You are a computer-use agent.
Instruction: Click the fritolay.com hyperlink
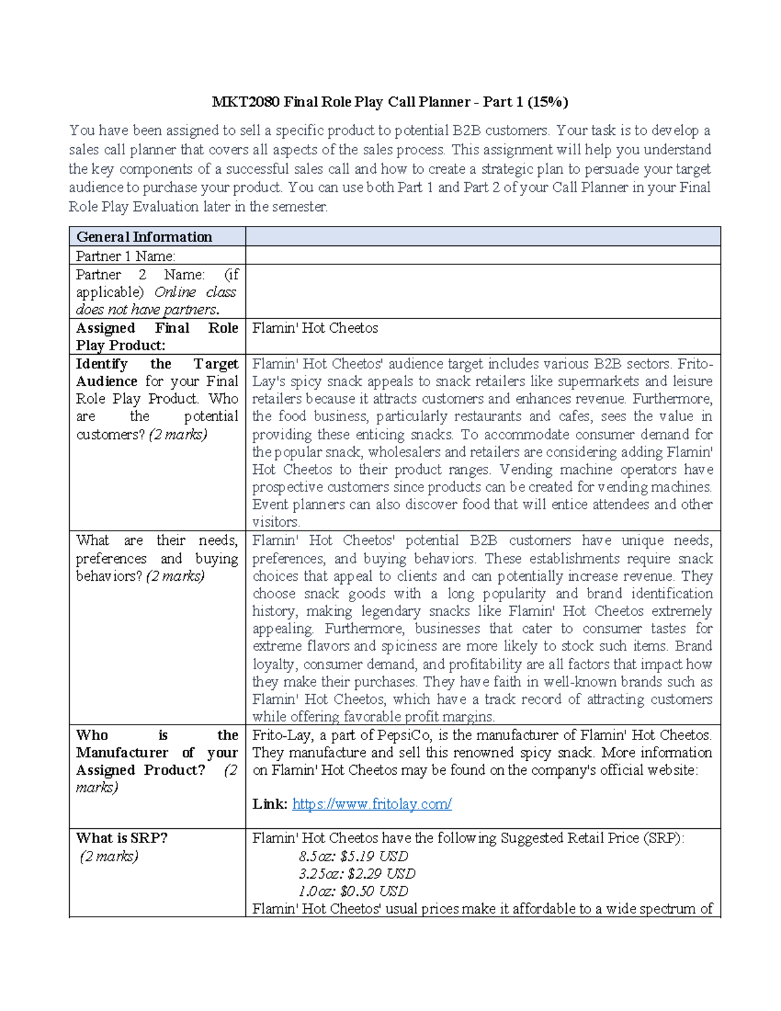point(372,805)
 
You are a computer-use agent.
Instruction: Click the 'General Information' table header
point(144,237)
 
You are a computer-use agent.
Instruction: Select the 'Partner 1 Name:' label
point(125,256)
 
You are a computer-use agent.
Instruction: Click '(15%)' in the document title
point(547,102)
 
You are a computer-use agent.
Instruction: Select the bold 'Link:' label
point(269,805)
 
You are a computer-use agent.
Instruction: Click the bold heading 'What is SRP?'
point(122,838)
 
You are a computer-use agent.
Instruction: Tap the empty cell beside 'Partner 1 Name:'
point(482,256)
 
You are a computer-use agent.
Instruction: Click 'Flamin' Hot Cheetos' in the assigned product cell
point(315,328)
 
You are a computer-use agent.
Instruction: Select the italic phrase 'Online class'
point(195,292)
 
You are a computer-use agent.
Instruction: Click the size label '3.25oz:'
point(320,874)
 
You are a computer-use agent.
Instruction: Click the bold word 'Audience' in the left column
point(107,381)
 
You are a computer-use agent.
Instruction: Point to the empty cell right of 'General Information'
point(482,237)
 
